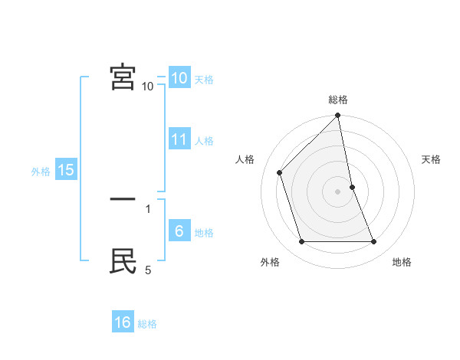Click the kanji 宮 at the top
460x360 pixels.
click(123, 77)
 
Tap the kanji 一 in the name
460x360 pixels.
click(123, 200)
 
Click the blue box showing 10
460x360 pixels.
click(179, 78)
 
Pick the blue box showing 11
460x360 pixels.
click(179, 139)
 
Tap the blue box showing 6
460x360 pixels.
click(179, 231)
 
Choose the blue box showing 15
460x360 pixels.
click(66, 170)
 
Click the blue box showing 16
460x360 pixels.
click(123, 322)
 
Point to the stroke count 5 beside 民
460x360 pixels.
click(148, 270)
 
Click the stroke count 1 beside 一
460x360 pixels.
click(148, 208)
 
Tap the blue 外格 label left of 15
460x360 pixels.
click(41, 172)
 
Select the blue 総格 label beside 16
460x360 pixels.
click(147, 324)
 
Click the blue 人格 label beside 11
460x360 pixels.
click(204, 141)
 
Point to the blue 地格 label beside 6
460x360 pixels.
click(204, 233)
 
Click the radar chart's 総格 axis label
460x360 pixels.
click(338, 100)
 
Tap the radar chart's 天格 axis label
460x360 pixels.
click(431, 159)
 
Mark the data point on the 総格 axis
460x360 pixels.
click(338, 116)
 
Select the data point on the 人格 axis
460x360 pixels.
click(280, 172)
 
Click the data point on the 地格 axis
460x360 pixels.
click(374, 242)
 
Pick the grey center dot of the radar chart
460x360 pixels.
click(338, 191)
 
